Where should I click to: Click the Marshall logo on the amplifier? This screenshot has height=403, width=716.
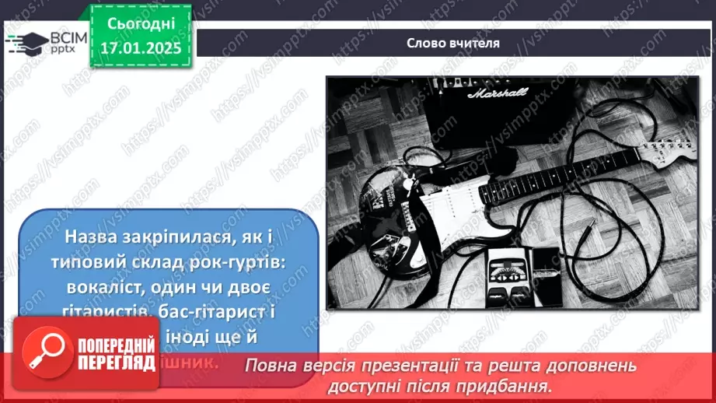click(497, 93)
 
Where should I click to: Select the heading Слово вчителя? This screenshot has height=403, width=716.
click(453, 43)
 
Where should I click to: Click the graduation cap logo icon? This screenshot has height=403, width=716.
click(25, 43)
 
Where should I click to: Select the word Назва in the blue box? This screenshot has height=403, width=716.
click(96, 236)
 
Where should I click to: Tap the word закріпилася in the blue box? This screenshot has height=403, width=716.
click(187, 236)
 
